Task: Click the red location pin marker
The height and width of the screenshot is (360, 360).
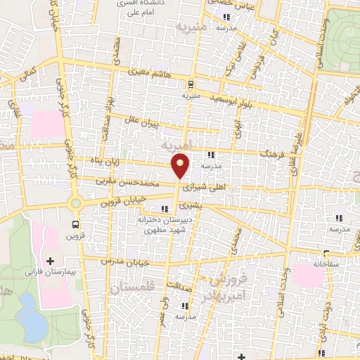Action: (x=181, y=166)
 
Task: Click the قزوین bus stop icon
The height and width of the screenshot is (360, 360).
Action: (x=75, y=225)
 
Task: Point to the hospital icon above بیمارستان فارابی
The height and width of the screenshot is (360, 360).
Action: (x=50, y=261)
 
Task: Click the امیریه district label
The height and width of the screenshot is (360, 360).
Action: (x=176, y=146)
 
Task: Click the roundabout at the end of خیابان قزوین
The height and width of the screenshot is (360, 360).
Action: (x=75, y=203)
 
